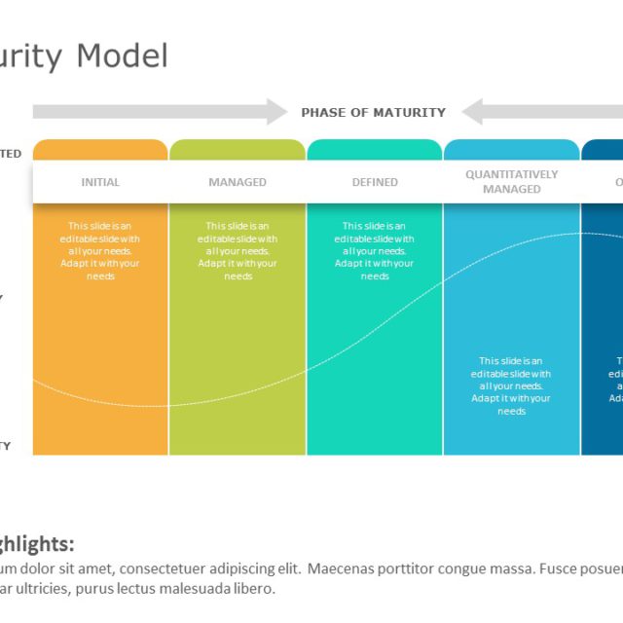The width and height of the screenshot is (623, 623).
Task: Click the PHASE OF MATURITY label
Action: click(x=373, y=112)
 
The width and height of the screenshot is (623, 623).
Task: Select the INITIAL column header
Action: click(x=100, y=182)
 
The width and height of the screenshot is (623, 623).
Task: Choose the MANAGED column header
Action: click(x=238, y=182)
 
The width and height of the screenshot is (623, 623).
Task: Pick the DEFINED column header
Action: click(x=375, y=182)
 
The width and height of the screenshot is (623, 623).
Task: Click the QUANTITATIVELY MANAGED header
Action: click(x=511, y=182)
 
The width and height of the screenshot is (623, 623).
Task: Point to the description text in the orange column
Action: click(x=100, y=251)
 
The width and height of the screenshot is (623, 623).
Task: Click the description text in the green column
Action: click(x=238, y=251)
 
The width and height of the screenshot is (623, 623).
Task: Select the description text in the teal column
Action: click(x=375, y=251)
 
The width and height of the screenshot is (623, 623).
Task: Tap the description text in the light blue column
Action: click(x=511, y=385)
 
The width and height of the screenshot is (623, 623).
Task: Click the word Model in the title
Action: click(x=123, y=55)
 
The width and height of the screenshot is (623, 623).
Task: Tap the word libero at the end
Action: click(x=256, y=589)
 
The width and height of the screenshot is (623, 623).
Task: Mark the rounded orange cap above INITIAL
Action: click(x=100, y=149)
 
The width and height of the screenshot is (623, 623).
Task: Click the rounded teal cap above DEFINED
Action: click(x=375, y=149)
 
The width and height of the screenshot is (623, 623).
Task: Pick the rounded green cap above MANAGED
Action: click(x=238, y=149)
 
